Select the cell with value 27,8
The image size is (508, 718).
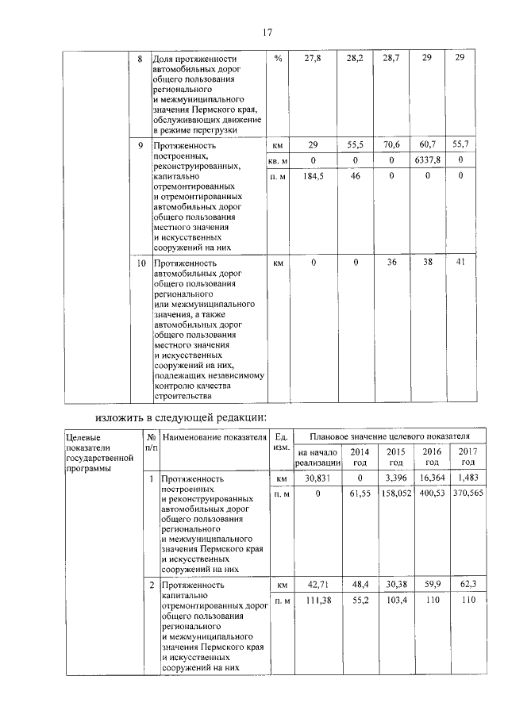[314, 60]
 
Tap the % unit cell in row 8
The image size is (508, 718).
[278, 60]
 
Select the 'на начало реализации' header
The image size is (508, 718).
[317, 457]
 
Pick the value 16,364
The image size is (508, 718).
[433, 479]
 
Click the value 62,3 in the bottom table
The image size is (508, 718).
[468, 585]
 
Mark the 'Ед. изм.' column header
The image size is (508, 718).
[280, 442]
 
